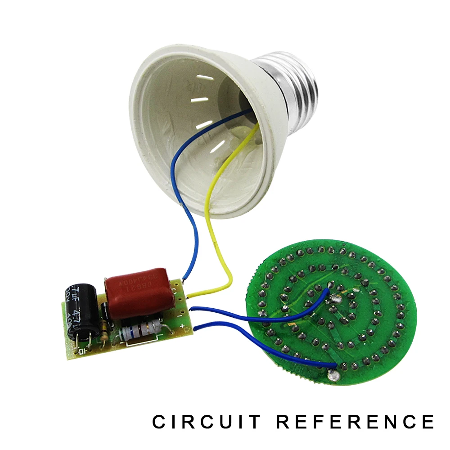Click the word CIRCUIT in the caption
click(206, 422)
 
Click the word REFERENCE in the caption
click(355, 422)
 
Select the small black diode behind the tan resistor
click(104, 310)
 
